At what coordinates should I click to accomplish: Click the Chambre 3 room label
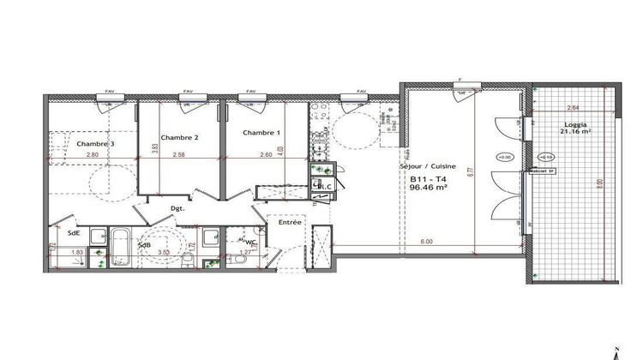pos(97,144)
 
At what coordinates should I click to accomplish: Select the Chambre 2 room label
pos(179,137)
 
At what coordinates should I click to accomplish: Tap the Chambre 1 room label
pos(260,133)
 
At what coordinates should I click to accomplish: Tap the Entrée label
pos(289,222)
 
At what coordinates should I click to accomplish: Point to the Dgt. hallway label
pos(177,208)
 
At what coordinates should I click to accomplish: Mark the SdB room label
pos(144,246)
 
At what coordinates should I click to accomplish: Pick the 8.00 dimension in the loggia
pos(599,183)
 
